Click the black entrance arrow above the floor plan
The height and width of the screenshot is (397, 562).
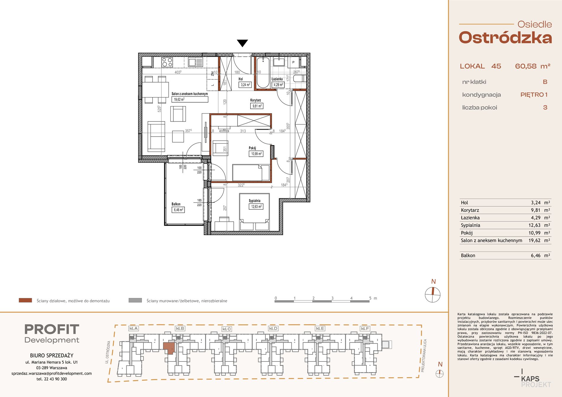tap(242, 43)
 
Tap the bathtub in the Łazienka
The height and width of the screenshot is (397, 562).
tap(263, 73)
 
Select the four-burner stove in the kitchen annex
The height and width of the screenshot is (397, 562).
tap(167, 62)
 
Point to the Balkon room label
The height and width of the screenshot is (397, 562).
tap(176, 204)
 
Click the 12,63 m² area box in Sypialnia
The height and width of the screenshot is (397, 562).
tap(256, 207)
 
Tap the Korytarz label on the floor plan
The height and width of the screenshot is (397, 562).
tap(256, 100)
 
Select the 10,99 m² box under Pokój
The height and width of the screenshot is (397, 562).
tap(256, 154)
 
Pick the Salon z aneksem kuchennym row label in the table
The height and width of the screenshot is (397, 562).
tap(491, 241)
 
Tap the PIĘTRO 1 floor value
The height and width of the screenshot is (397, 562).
tap(534, 95)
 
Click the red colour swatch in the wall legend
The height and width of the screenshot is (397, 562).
tap(25, 300)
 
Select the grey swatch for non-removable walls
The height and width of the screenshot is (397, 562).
tap(135, 300)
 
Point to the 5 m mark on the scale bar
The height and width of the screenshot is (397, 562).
tap(370, 298)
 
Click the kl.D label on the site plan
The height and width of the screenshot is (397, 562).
tap(273, 328)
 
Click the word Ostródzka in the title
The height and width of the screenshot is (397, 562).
tap(505, 38)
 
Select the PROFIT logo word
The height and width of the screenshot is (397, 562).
tap(52, 329)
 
